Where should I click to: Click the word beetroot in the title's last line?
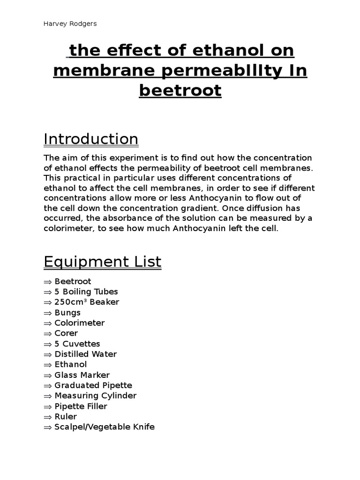coord(180,90)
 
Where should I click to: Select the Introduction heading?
coord(91,139)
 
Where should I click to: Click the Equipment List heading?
coord(102,262)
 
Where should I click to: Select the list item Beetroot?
coord(73,281)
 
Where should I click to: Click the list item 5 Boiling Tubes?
coord(86,292)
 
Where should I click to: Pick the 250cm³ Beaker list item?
coord(87,302)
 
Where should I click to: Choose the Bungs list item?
coord(67,313)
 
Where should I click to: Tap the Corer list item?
coord(66,333)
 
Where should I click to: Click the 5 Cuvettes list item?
coord(77,344)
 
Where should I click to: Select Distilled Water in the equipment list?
coord(85,354)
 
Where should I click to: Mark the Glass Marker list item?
coord(82,375)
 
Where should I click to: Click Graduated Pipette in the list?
coord(93,385)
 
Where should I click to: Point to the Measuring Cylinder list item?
coord(96,396)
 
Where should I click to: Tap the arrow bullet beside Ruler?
coord(48,417)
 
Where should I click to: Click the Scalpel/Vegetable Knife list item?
coord(105,427)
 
